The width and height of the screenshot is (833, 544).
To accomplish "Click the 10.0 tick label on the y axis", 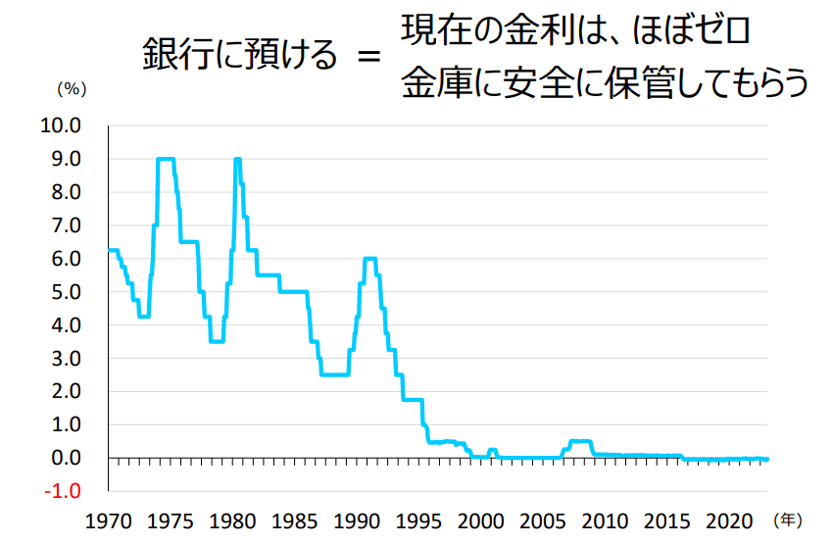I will (x=61, y=125).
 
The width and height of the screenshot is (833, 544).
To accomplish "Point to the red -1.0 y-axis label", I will (x=61, y=491).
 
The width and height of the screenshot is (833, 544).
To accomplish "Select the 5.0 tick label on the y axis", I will (x=66, y=292).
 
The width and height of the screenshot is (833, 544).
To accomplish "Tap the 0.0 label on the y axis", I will (x=66, y=458).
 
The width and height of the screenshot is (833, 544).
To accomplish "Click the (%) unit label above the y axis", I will (x=73, y=88).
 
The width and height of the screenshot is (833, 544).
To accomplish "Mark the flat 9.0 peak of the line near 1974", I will (x=166, y=159).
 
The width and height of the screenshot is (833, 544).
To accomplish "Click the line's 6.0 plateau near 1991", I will (x=370, y=259).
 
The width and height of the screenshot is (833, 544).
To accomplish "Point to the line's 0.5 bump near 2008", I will (x=579, y=441).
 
